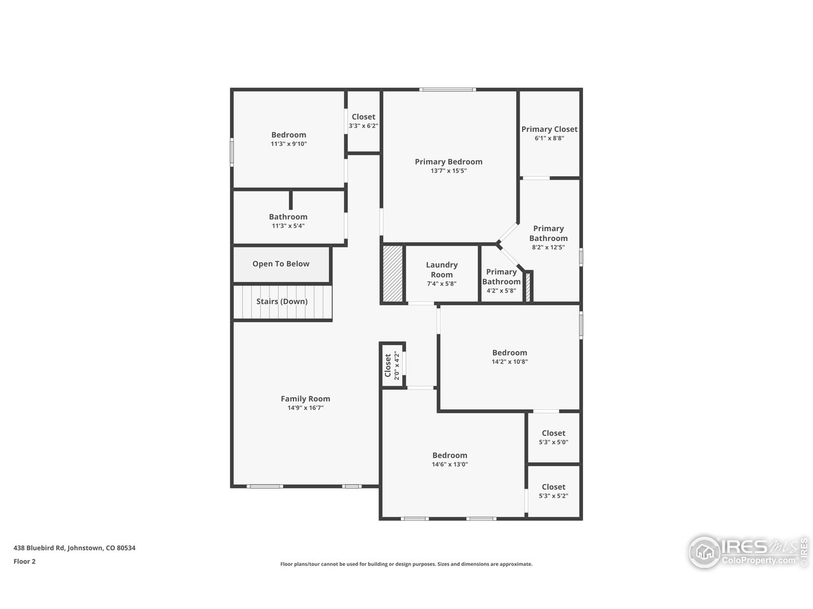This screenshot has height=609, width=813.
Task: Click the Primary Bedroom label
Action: click(x=448, y=162)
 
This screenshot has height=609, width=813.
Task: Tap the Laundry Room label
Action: click(x=441, y=270)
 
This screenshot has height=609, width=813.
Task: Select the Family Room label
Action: click(x=306, y=399)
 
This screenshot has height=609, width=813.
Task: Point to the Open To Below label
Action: click(x=281, y=264)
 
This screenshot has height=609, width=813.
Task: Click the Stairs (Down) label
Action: click(x=281, y=302)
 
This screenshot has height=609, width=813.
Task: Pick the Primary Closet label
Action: click(x=549, y=129)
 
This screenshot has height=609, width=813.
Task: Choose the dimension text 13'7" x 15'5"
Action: click(x=448, y=171)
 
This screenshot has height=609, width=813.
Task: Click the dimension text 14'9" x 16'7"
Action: click(x=306, y=408)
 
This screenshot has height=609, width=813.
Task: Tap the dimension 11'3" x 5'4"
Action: click(x=288, y=226)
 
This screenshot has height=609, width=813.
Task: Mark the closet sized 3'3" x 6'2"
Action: click(x=363, y=121)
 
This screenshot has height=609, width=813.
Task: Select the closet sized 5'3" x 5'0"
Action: click(x=553, y=438)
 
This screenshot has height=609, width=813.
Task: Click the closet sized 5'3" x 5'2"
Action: click(x=553, y=491)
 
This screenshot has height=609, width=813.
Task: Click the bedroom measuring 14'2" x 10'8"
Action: click(x=509, y=357)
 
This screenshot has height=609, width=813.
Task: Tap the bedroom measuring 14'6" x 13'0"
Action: click(x=450, y=459)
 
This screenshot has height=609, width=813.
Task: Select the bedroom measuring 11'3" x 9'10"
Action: click(x=288, y=139)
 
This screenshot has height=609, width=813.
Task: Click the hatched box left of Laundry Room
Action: click(x=392, y=273)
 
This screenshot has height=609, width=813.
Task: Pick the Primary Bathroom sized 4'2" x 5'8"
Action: click(x=501, y=281)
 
